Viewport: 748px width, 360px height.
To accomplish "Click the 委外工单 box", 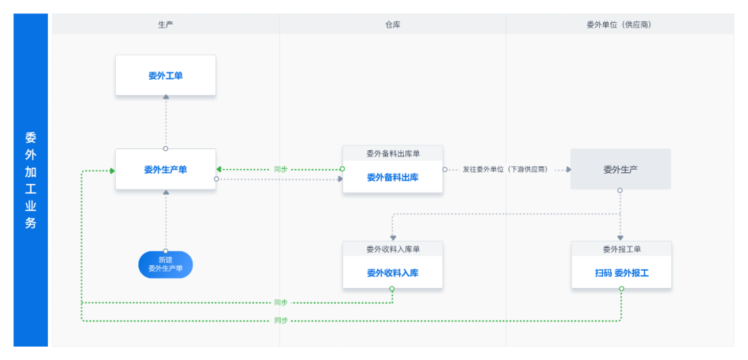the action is click(166, 75).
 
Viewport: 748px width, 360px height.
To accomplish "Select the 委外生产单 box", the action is click(166, 170).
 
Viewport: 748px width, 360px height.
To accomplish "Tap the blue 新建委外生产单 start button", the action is click(166, 264).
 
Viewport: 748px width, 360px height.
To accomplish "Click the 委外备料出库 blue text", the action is click(393, 177).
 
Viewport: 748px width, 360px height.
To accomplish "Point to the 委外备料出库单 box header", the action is click(393, 154).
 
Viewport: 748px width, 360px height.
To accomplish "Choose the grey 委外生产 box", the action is click(621, 170).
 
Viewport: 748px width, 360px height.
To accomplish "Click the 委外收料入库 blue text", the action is click(393, 273).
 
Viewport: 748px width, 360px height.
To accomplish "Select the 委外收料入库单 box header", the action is click(393, 249).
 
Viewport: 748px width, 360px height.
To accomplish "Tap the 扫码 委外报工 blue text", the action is click(621, 273).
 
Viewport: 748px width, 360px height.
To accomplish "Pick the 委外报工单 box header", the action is click(621, 249).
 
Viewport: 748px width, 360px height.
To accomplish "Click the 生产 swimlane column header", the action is click(166, 25).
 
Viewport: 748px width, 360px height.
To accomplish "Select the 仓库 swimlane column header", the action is click(393, 25).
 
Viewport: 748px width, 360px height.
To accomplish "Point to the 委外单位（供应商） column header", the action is click(619, 25).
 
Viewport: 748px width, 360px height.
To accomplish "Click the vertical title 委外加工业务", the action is click(30, 180).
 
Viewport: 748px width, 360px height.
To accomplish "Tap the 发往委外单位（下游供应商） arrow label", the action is click(505, 170).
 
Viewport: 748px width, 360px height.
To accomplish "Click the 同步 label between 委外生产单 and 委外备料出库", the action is click(281, 170).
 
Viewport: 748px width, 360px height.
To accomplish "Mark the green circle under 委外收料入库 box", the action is click(392, 289).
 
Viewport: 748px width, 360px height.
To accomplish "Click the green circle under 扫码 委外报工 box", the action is click(621, 289).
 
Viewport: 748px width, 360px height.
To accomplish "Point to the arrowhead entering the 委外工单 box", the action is click(166, 98).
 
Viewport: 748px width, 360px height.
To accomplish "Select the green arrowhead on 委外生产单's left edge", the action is click(112, 171).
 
